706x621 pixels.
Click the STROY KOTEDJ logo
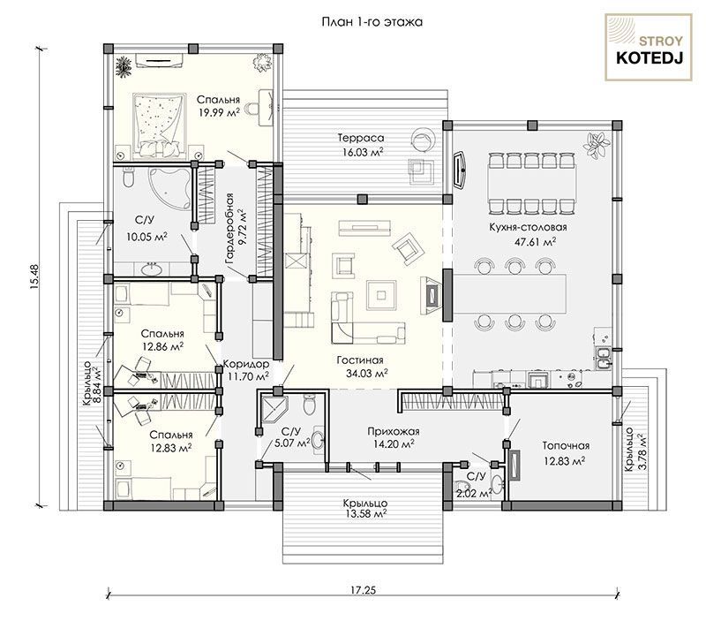coord(649,48)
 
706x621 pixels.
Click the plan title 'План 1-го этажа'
coord(372,22)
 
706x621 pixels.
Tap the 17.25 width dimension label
coord(363,590)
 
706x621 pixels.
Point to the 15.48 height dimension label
coord(35,276)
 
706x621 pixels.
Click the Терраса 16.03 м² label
coord(361,145)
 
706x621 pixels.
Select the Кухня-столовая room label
coord(528,228)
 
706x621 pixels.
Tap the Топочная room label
coord(566,446)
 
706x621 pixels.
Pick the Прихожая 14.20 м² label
coord(394,437)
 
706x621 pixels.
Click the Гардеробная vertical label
coord(229,229)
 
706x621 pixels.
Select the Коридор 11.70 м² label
coord(247,370)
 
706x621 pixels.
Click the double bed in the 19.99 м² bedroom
coord(159,125)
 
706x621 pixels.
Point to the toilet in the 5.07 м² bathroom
coord(310,405)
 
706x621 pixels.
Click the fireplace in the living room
coord(431,295)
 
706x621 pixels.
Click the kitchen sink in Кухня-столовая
coord(603,358)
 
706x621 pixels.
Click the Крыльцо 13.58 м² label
coord(364,509)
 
